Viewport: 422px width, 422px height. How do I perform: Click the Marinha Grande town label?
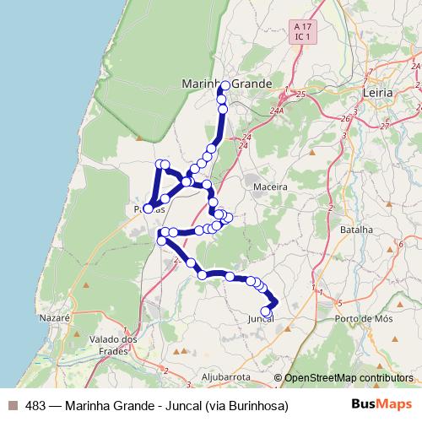[x=227, y=84]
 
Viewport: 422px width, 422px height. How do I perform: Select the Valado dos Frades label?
[x=113, y=345]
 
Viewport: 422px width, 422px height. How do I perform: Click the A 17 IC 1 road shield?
[x=302, y=32]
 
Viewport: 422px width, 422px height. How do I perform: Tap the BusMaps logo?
[x=381, y=405]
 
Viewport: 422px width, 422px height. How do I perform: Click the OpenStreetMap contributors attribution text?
[x=349, y=378]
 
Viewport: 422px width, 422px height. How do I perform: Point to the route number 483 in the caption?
[x=35, y=406]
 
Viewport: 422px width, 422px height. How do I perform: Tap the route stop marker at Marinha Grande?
[x=225, y=86]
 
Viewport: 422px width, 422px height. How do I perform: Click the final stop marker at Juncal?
[x=266, y=311]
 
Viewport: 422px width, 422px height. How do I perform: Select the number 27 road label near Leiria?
[x=385, y=126]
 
